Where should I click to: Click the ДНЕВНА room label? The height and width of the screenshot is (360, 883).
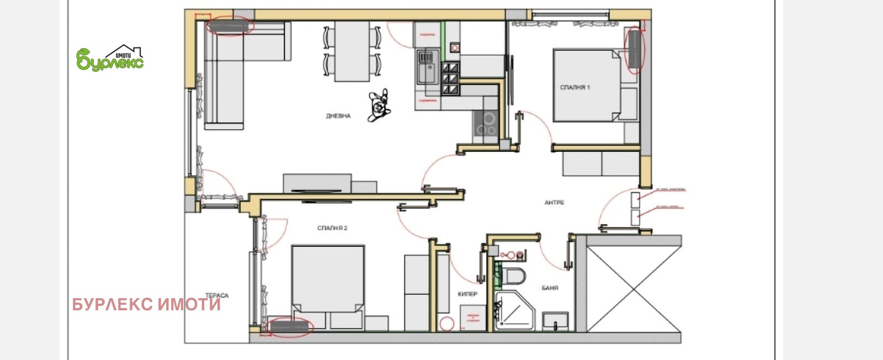click(338, 117)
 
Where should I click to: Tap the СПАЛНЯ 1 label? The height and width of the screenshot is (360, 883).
click(575, 88)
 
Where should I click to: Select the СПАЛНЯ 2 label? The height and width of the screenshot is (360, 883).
click(332, 228)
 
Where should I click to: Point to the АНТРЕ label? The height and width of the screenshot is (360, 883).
click(554, 203)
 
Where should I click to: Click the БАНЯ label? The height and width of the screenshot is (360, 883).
click(550, 288)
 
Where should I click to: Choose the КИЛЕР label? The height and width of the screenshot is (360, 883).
click(467, 294)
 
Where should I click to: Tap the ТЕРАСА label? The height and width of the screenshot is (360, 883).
click(216, 296)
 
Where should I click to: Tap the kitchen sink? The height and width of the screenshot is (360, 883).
click(425, 67)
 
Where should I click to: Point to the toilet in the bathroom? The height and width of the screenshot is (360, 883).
click(513, 276)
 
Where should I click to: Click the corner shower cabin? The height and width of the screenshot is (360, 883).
click(514, 312)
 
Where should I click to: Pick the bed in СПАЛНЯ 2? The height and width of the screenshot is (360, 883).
click(328, 282)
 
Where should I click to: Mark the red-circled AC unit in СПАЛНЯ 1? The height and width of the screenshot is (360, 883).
click(635, 49)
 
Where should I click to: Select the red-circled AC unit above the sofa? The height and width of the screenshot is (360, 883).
click(230, 26)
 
